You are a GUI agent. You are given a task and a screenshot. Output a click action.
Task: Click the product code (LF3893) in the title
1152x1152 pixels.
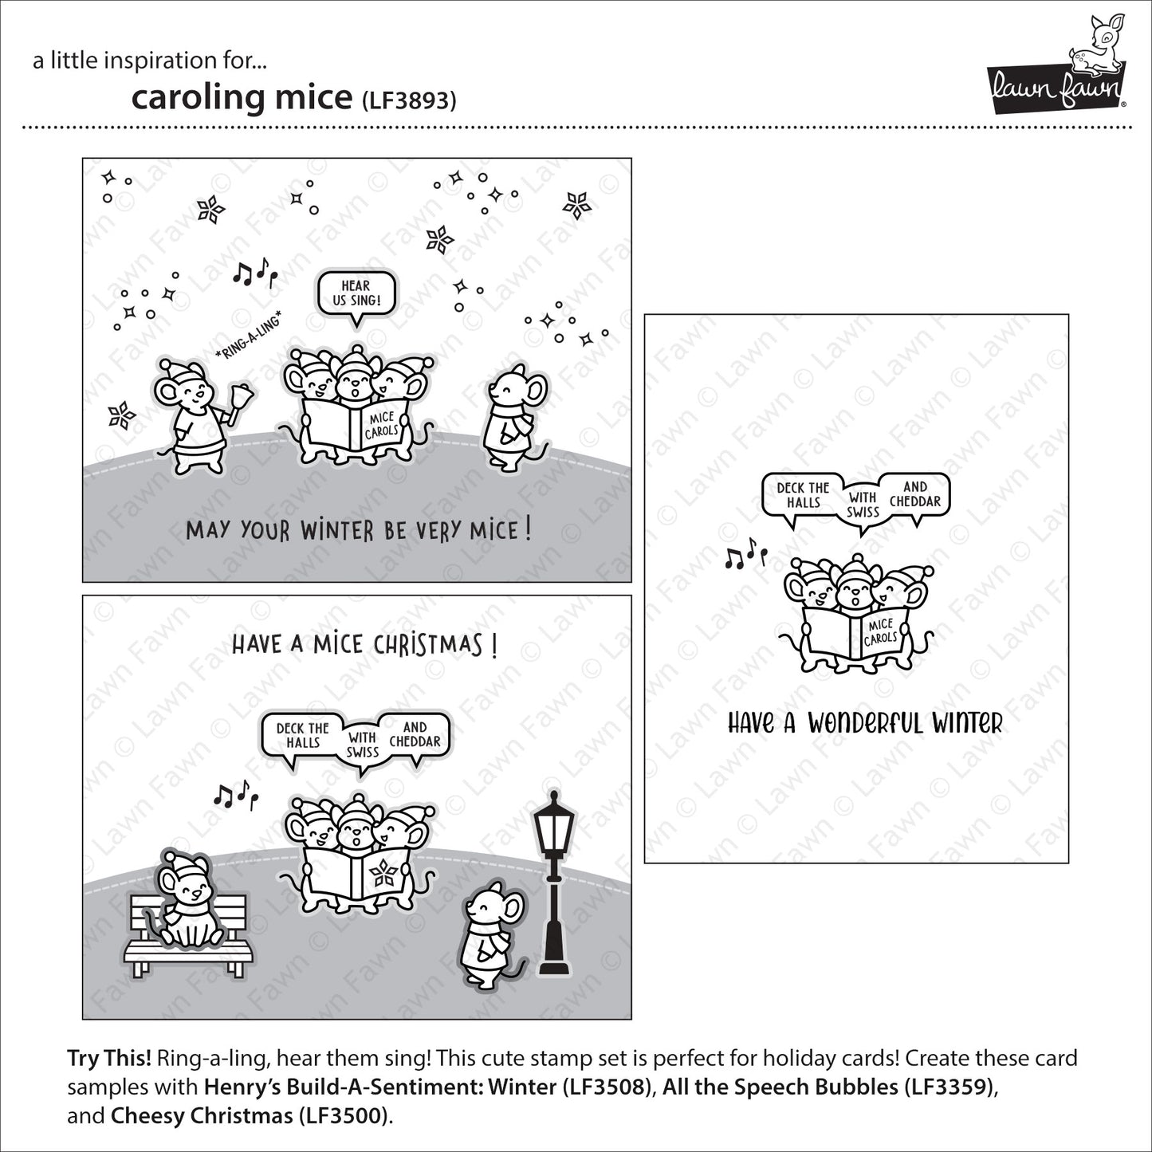[409, 100]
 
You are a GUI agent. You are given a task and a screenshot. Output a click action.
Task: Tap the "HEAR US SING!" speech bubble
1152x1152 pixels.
[356, 293]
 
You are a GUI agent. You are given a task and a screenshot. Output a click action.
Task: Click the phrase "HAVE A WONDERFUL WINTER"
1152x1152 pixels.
[865, 723]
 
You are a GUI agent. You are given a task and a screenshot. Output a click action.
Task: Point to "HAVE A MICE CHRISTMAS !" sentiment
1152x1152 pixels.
[364, 644]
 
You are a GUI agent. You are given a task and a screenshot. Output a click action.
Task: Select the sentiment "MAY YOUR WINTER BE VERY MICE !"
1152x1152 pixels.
[358, 530]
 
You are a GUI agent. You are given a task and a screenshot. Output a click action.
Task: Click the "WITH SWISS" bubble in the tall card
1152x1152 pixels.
[863, 505]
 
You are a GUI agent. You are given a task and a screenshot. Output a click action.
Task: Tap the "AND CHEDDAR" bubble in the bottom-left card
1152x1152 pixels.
[415, 734]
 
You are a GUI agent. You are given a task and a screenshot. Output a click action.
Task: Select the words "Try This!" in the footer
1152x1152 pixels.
[109, 1059]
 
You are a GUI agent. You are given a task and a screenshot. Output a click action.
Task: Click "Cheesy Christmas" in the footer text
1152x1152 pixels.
[201, 1115]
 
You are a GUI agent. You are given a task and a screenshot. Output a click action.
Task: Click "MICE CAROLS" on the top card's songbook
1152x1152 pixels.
[381, 425]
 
